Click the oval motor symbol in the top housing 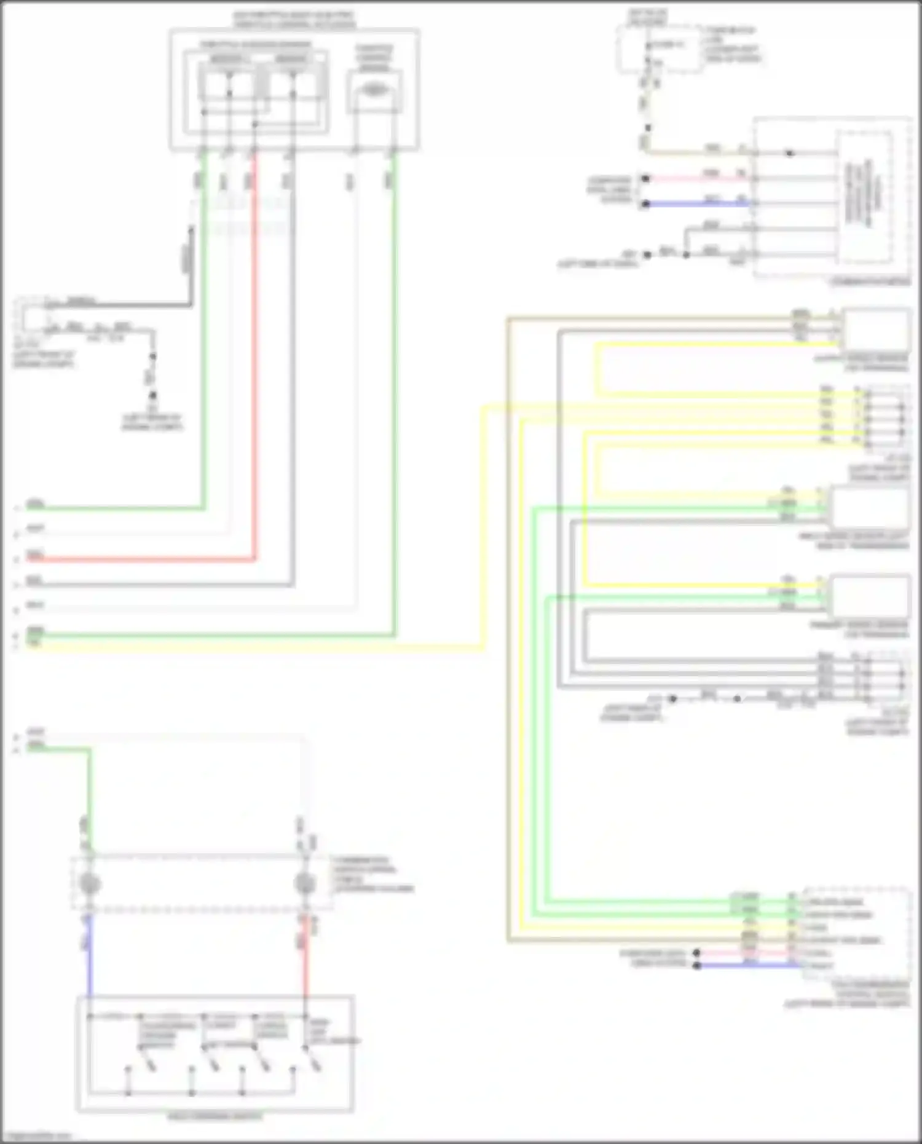374,90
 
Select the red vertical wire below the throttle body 254,369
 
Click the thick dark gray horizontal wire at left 123,304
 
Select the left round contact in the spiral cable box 90,883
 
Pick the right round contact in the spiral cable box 304,883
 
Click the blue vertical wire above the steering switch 90,959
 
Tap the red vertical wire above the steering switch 305,959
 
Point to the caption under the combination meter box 870,282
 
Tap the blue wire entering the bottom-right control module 750,966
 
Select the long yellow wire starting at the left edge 246,646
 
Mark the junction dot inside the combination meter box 790,153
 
